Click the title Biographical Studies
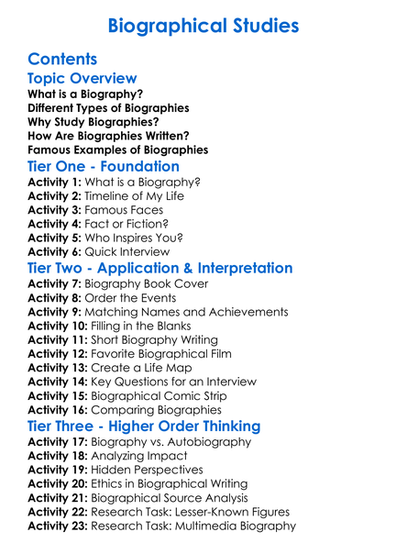tap(203, 25)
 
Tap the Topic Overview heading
tap(82, 78)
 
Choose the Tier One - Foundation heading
tap(104, 167)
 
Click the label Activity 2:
tap(56, 195)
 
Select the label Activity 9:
tap(56, 310)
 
